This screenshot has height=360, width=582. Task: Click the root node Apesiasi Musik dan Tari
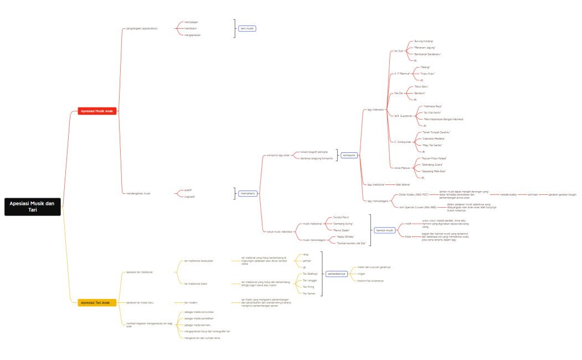coord(33,207)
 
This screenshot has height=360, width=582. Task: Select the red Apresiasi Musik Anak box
coord(97,111)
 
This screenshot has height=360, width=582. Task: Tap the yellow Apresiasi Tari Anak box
coord(97,302)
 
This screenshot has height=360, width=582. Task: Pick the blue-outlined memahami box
coord(247,193)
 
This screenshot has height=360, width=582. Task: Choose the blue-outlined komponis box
coord(349,155)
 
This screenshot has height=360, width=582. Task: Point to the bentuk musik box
coord(384,230)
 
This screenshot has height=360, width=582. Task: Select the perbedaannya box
coord(337,273)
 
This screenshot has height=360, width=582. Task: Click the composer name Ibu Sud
coord(398,51)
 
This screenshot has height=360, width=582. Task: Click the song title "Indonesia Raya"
coord(432,106)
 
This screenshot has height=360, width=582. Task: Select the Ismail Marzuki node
coord(402,168)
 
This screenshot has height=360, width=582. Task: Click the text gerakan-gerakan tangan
coord(562,194)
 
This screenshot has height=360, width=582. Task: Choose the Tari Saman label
coord(309,294)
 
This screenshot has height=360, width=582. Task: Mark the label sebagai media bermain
coord(198,325)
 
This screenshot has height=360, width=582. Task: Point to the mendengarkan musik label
coord(138,193)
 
